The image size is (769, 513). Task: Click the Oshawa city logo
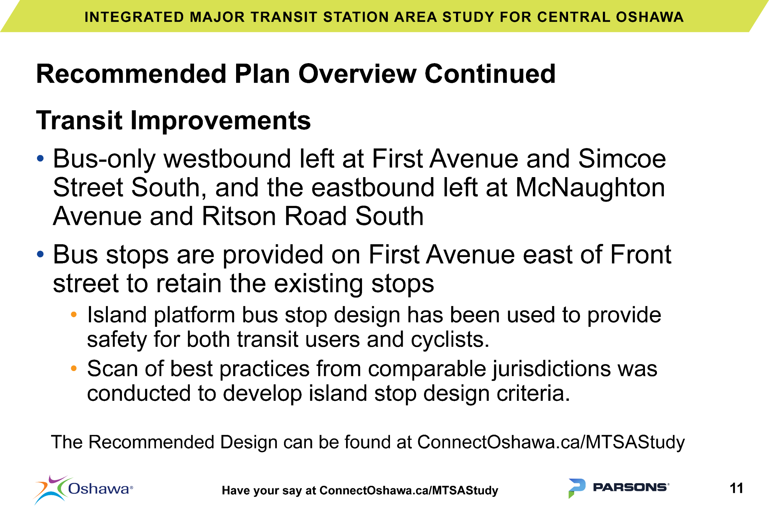click(83, 490)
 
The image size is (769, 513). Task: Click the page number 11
click(737, 488)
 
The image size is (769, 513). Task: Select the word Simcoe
click(622, 159)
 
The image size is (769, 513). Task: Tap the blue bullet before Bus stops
click(40, 254)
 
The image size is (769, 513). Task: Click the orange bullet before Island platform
click(74, 315)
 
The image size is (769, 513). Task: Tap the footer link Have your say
click(360, 490)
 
